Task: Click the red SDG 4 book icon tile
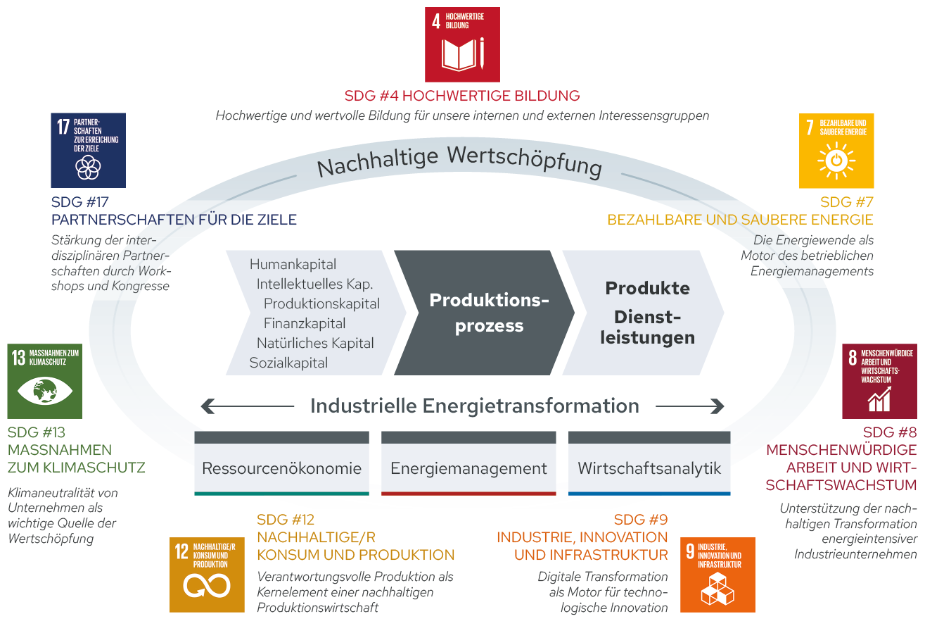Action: (x=462, y=44)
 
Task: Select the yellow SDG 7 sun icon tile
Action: (x=836, y=151)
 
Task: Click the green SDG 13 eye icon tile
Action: (x=44, y=381)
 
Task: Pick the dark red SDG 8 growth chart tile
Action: (x=879, y=381)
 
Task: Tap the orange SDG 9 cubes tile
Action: (x=717, y=575)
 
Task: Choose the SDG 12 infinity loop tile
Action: (x=207, y=575)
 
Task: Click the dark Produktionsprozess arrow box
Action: (x=485, y=313)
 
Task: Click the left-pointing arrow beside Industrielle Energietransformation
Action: (x=246, y=406)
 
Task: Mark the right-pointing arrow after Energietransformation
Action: (x=689, y=406)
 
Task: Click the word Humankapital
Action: (x=293, y=265)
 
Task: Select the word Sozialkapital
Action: (x=288, y=363)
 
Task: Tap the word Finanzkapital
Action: (x=305, y=324)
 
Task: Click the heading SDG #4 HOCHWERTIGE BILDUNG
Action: (x=462, y=96)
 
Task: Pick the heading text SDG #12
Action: (x=286, y=520)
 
